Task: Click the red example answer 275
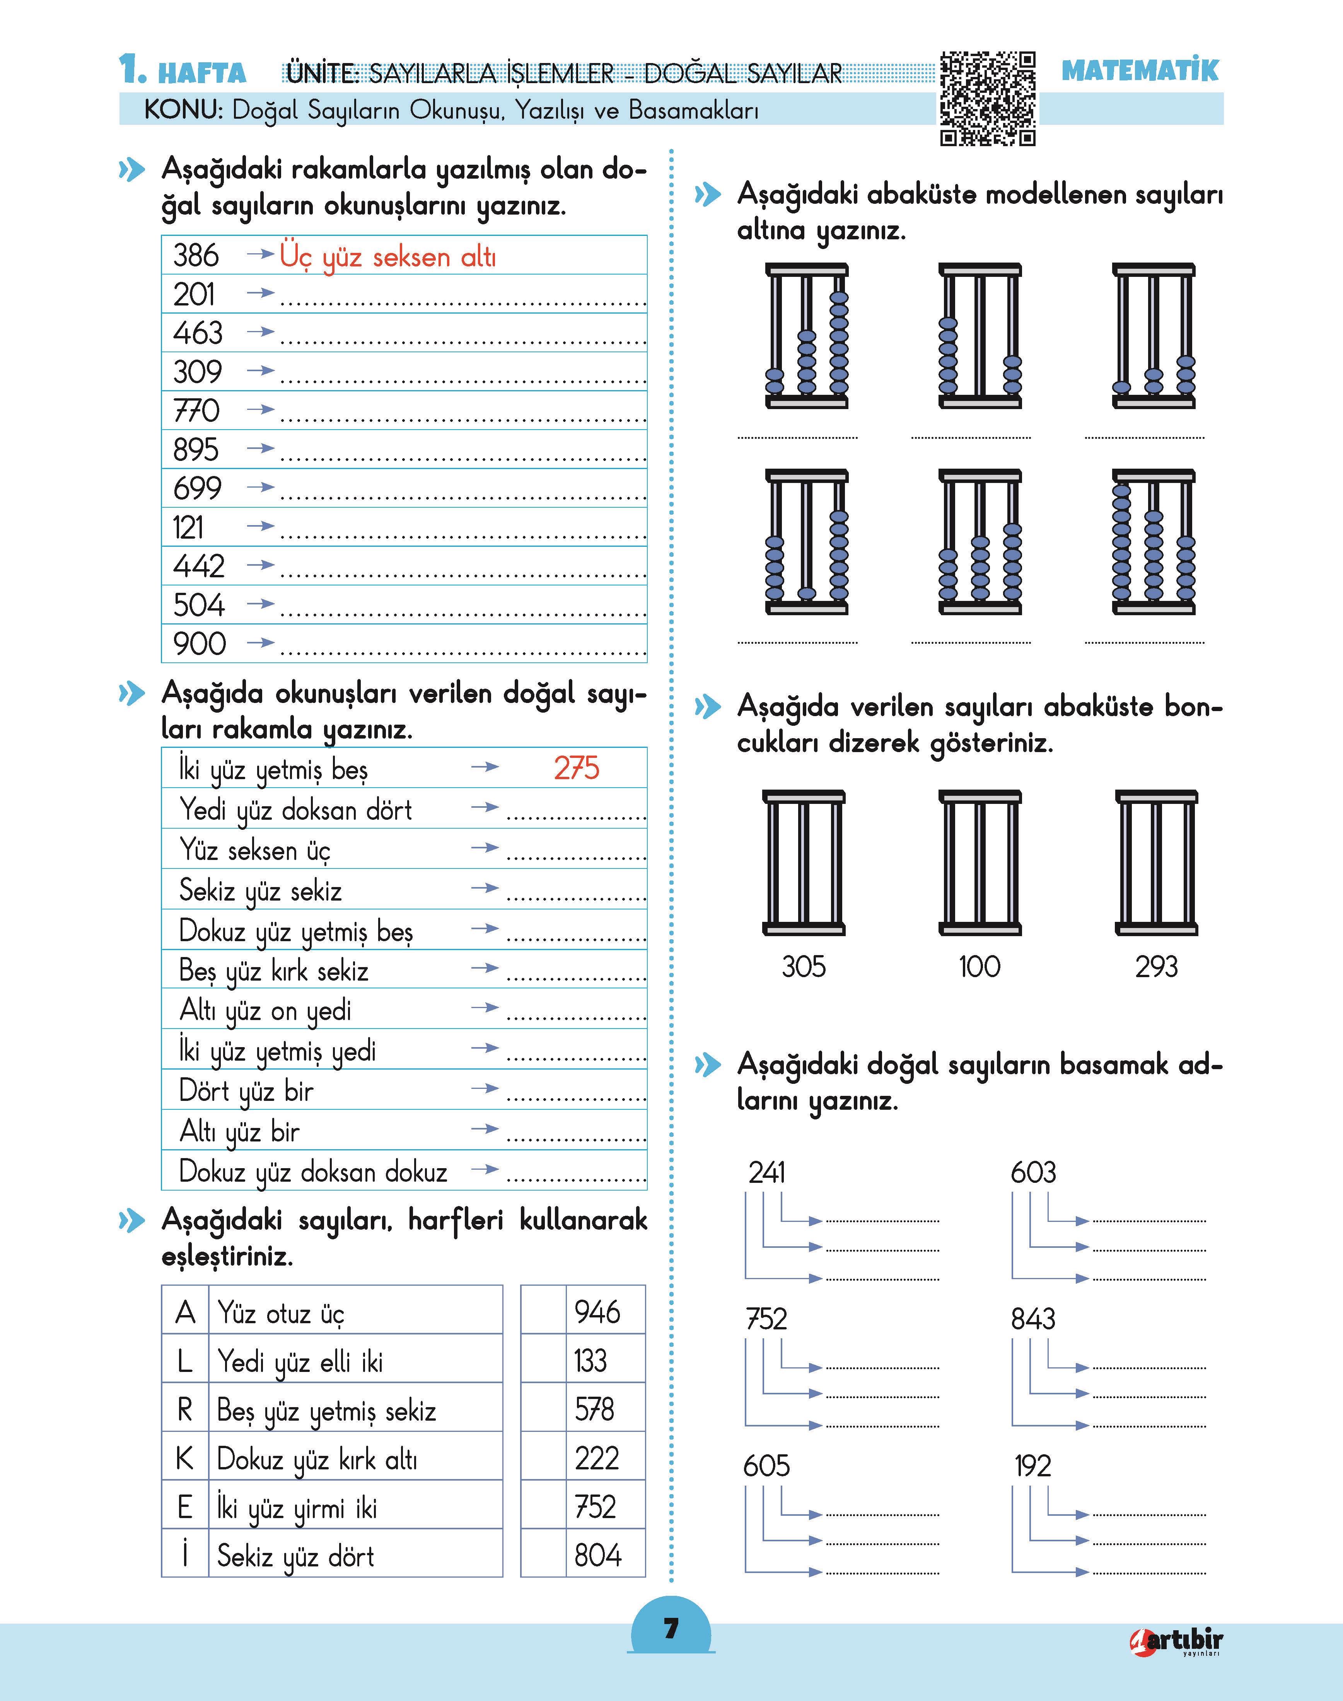576,768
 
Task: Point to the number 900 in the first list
200,644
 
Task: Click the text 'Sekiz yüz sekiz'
260,891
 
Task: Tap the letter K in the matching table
185,1458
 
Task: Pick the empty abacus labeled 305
804,863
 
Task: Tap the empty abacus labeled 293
1156,863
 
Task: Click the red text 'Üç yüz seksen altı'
387,257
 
